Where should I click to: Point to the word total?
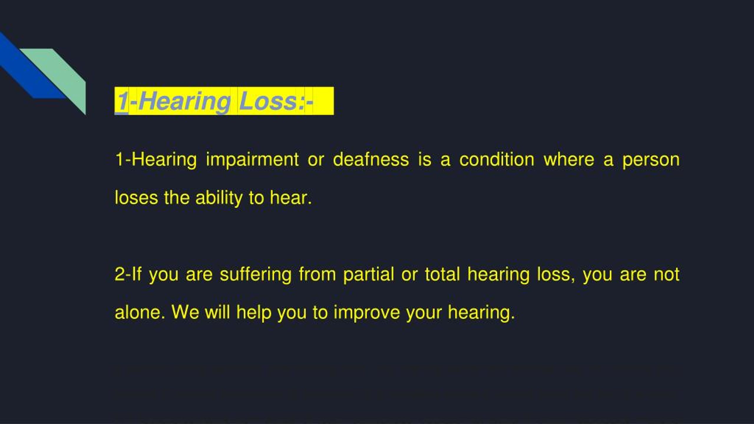(x=442, y=274)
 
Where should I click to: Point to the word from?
(x=317, y=274)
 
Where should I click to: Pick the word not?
(x=667, y=275)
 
